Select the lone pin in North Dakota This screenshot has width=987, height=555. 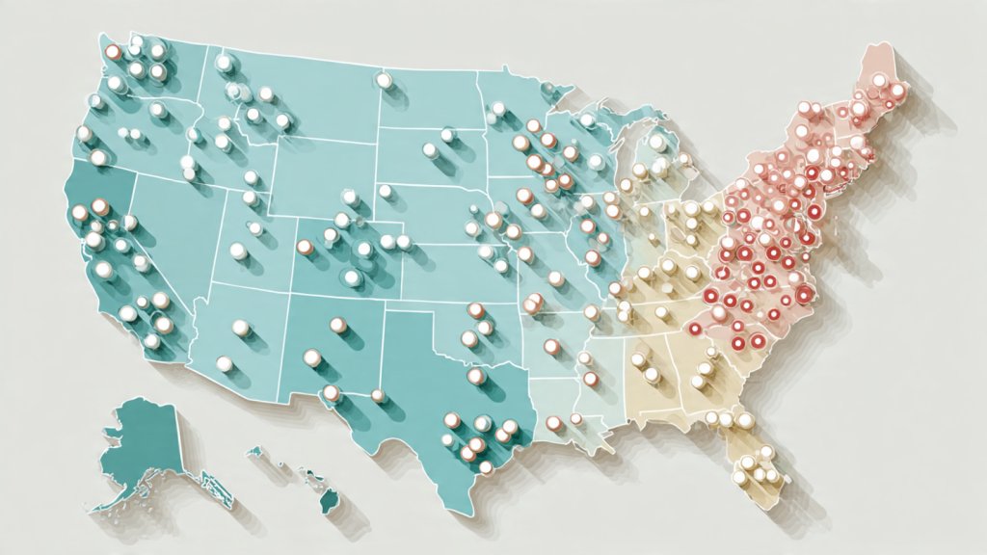[385, 81]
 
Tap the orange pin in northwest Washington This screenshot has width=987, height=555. [112, 53]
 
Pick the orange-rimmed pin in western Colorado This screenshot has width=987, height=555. [305, 247]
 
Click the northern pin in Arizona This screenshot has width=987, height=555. [241, 328]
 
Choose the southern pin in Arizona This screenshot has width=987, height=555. [224, 363]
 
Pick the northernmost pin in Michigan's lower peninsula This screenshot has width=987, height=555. [657, 144]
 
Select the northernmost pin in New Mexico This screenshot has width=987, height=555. [337, 325]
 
